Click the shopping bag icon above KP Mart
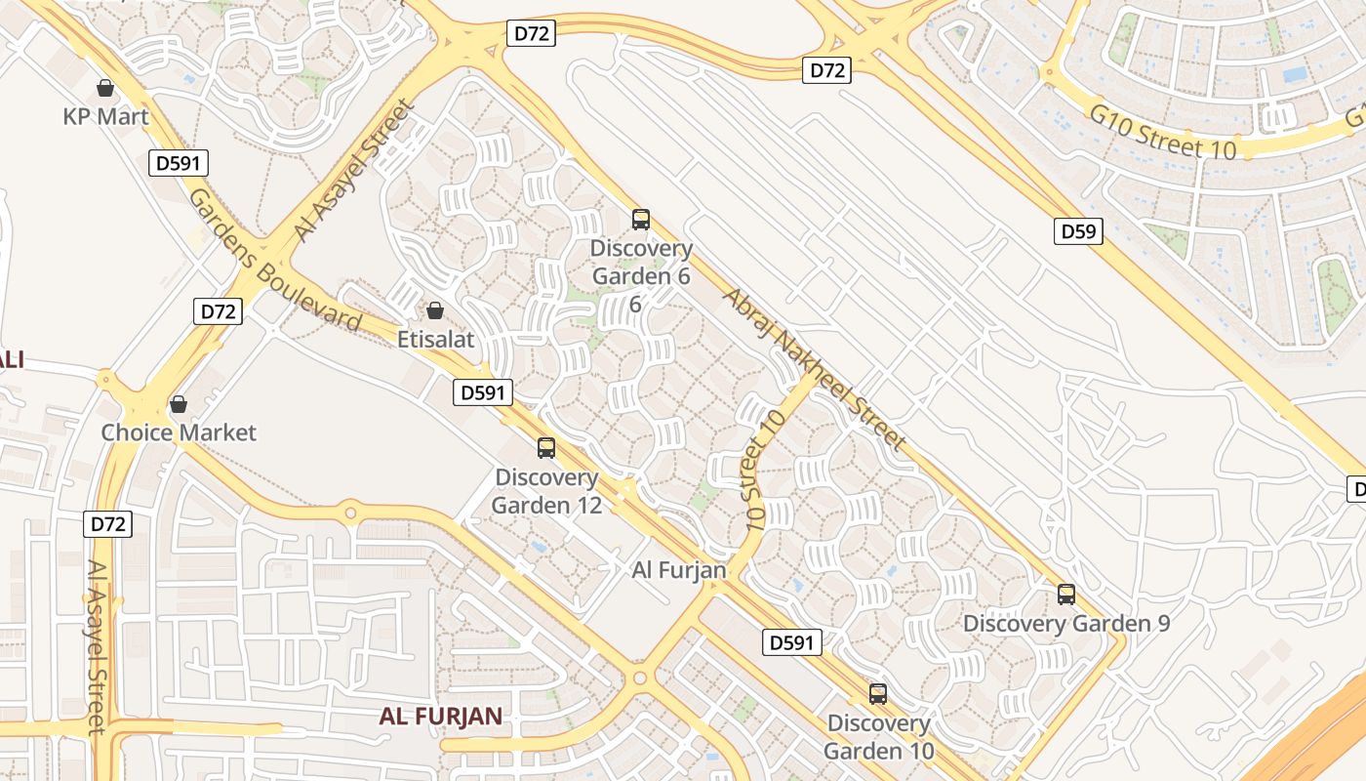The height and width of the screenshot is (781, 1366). point(105,89)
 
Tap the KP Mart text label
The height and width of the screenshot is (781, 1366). point(105,117)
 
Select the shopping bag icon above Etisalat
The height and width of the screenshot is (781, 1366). point(435,310)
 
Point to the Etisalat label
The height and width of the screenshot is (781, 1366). point(435,340)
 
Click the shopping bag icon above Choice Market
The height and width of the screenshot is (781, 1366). point(179,404)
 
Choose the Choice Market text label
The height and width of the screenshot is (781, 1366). point(179,432)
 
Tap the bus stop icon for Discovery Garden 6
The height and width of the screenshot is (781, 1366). point(641,220)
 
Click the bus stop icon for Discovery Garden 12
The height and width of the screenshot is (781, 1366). point(546,448)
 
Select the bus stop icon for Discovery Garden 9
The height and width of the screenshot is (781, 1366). point(1066,594)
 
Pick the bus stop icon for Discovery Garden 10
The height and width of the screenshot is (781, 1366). point(878,694)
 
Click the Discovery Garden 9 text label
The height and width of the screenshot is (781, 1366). point(1066,623)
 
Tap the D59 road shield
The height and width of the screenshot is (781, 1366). point(1078,231)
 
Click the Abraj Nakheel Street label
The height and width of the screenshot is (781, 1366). point(815,369)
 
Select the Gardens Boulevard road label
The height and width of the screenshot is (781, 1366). point(274,263)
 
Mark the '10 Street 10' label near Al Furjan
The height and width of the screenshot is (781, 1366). point(765,471)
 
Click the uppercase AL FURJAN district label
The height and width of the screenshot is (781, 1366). point(441,717)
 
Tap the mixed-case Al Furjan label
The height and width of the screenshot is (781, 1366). point(679,570)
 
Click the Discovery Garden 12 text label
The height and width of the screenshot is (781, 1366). point(546,491)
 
